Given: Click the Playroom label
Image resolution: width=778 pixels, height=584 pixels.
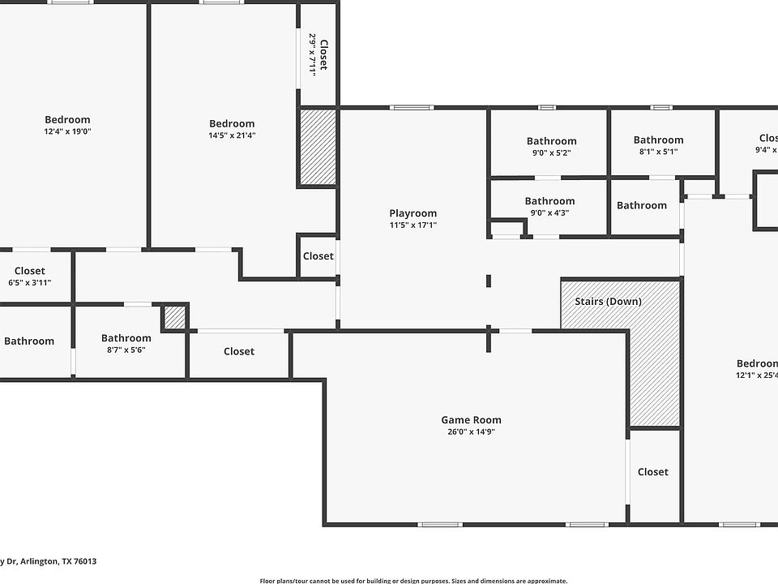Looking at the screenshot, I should [x=413, y=213].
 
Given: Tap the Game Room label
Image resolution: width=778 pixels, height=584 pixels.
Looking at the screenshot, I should [x=471, y=419].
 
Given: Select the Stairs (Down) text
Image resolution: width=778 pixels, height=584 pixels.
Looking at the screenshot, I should [x=608, y=302].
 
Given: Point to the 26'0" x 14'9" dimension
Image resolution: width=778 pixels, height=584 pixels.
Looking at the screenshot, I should [x=471, y=432].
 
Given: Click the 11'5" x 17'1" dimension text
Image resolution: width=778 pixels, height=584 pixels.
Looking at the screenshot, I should [x=413, y=225].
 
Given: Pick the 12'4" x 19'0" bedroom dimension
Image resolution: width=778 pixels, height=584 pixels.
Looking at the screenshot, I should [x=67, y=131].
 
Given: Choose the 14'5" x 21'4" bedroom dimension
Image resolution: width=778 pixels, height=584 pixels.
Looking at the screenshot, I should [x=232, y=135].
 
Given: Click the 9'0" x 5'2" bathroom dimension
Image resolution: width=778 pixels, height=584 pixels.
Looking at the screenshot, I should [x=551, y=152].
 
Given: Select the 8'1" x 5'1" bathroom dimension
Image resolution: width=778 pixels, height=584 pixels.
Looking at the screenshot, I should [x=658, y=152].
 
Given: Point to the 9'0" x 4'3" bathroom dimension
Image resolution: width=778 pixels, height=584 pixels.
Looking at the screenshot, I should [x=549, y=213].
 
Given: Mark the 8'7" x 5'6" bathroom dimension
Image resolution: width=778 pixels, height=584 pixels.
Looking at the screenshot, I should [x=126, y=350].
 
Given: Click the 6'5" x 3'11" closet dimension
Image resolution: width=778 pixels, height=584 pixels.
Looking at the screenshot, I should [x=29, y=282].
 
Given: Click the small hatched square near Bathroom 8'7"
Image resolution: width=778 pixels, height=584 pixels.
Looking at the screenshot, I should [x=174, y=317].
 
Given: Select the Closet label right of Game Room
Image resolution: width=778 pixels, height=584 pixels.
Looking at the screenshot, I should [x=652, y=472].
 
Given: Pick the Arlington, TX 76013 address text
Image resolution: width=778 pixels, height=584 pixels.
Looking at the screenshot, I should [x=49, y=561].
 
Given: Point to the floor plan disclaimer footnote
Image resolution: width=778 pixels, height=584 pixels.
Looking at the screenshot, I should [x=413, y=580].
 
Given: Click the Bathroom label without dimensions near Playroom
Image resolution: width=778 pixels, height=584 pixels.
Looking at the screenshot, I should [x=641, y=205].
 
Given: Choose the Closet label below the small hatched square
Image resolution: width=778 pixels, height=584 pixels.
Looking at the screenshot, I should [x=238, y=351].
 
